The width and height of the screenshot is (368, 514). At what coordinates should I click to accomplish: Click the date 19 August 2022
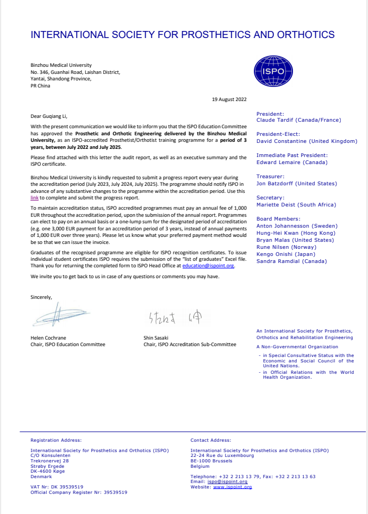(229, 99)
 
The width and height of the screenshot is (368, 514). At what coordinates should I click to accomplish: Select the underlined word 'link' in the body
(34, 198)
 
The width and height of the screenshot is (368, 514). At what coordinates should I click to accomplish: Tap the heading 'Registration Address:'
(56, 440)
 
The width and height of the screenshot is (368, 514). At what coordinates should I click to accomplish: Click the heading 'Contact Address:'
(210, 440)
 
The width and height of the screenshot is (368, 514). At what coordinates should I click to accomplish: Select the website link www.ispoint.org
(232, 487)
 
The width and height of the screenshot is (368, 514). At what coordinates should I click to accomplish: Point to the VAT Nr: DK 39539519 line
(57, 487)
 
